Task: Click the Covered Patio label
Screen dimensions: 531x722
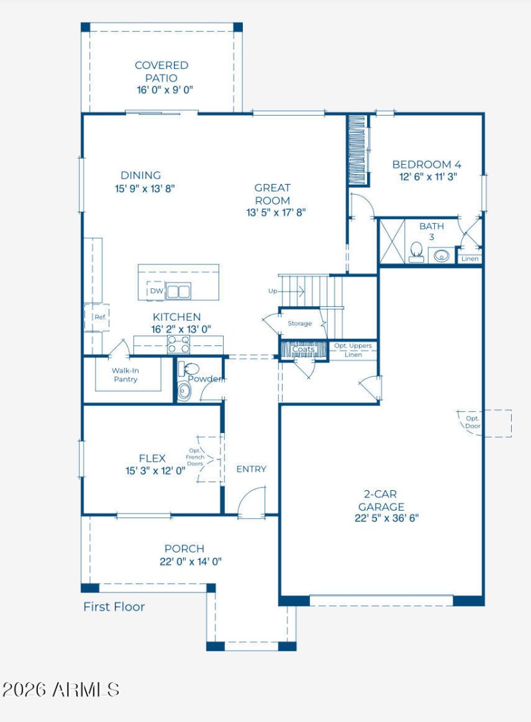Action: (161, 71)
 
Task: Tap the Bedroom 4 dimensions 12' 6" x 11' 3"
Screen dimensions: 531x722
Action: (428, 177)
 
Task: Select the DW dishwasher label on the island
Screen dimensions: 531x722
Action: (157, 291)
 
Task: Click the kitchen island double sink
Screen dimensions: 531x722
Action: (178, 292)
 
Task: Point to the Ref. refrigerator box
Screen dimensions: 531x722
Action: (97, 317)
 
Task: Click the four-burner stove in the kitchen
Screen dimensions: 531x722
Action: (179, 345)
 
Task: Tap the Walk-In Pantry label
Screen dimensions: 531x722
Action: (125, 375)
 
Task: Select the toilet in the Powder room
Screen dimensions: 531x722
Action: (189, 369)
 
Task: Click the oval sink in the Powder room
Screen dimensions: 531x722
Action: (184, 391)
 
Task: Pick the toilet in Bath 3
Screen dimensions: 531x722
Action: (416, 252)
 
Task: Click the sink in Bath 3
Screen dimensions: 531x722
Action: (441, 255)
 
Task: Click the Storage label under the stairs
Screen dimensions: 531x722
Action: (299, 323)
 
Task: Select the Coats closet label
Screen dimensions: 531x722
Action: (303, 349)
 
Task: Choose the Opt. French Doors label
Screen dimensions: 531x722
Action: (195, 457)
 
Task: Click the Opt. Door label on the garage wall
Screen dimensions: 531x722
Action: (473, 422)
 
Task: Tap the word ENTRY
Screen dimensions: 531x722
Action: (252, 469)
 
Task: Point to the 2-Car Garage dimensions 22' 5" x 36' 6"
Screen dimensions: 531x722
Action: (386, 518)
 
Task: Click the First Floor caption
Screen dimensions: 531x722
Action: (114, 607)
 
